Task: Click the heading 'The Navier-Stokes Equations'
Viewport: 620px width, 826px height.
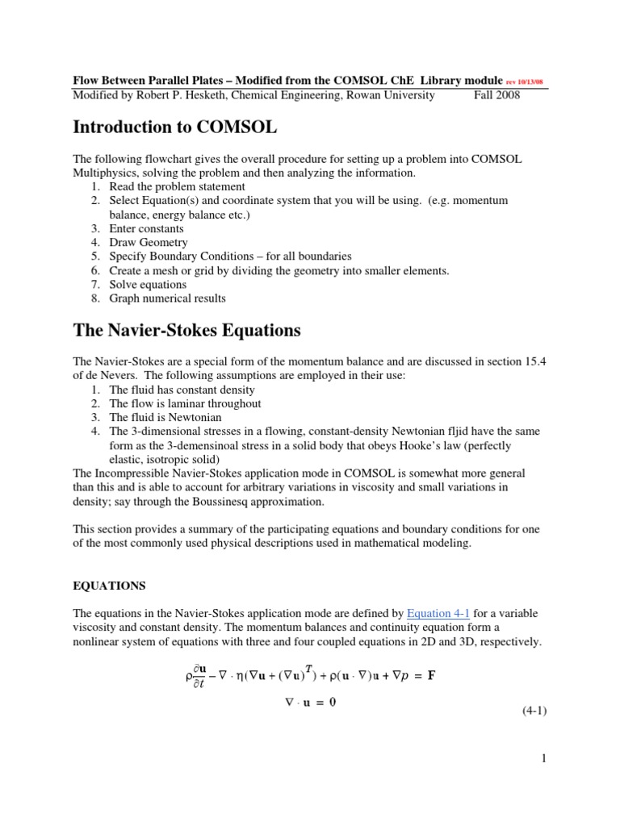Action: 186,331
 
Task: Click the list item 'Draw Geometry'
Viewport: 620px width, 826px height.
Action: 149,242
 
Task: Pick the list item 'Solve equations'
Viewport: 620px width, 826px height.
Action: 148,284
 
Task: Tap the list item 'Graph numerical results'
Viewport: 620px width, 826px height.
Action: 167,298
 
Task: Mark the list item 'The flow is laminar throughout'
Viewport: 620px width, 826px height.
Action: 185,403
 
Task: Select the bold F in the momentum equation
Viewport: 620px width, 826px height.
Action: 431,674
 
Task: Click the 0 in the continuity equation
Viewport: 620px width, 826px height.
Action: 331,702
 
